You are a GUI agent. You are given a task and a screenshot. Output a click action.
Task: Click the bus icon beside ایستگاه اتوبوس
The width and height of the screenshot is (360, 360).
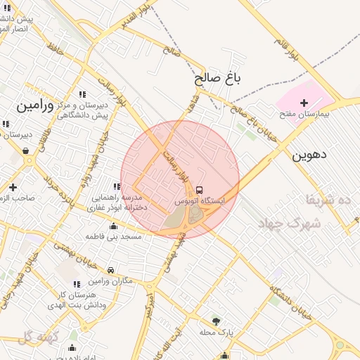tap(200, 190)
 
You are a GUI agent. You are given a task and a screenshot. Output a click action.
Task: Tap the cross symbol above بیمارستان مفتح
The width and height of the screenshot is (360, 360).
tap(304, 103)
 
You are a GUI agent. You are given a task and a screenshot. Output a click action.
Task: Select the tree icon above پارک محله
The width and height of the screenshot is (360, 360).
tap(216, 321)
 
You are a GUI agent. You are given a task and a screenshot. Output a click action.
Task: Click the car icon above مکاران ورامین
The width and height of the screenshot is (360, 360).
tap(111, 270)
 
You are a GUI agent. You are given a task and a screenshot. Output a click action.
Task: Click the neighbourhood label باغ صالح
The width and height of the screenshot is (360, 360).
tap(218, 79)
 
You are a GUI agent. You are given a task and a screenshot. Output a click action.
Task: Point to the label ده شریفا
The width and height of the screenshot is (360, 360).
tap(326, 200)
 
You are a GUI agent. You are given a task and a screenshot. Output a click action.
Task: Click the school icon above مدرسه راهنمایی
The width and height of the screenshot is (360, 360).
tap(116, 186)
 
